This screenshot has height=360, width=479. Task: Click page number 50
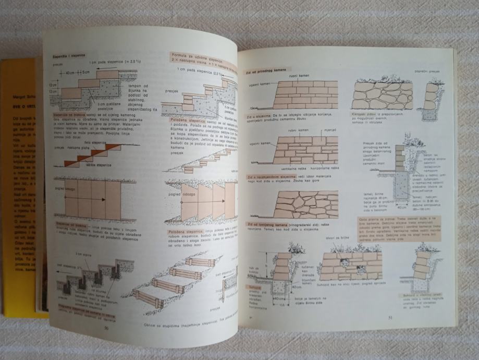click(106, 328)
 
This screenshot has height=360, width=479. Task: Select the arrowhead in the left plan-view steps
click(103, 200)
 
